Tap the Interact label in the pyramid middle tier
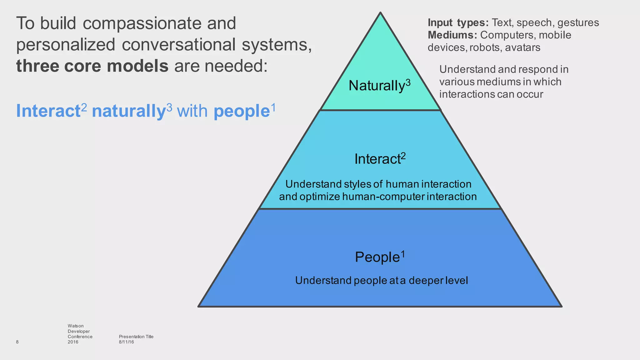[x=377, y=159]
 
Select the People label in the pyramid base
[x=377, y=257]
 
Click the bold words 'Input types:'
[x=458, y=22]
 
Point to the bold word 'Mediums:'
[x=452, y=35]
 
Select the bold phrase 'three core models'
[x=92, y=66]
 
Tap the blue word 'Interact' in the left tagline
[x=48, y=111]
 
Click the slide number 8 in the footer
[x=17, y=342]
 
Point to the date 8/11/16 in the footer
[x=126, y=342]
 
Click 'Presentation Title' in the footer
[x=136, y=337]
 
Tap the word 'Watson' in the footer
[x=76, y=326]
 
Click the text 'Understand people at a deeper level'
[x=381, y=280]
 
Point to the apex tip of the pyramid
[x=380, y=13]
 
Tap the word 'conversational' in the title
[x=178, y=45]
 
